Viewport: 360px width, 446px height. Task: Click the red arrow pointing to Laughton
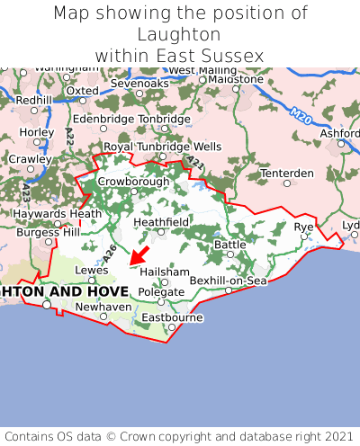coord(139,255)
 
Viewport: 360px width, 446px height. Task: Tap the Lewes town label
coord(91,269)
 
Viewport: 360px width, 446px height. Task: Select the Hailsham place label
coord(166,272)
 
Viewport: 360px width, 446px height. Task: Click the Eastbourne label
coord(172,317)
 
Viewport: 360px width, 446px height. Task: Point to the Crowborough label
coord(133,181)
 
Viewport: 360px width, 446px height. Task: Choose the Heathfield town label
coord(161,221)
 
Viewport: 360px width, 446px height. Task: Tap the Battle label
coord(229,244)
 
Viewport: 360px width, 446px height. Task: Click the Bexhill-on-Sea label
coord(229,281)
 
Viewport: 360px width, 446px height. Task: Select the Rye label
coord(305,227)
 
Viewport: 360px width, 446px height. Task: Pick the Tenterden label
coord(287,173)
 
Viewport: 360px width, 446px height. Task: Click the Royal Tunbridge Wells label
coord(162,146)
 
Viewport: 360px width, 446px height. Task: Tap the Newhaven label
coord(103,306)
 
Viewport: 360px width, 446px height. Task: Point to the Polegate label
coord(161,292)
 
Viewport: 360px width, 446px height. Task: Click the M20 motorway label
coord(302,115)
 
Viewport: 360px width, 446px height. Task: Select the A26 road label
coord(110,254)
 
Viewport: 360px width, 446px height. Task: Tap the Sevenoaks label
coord(139,83)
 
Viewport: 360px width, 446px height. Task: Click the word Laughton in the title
coord(179,34)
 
